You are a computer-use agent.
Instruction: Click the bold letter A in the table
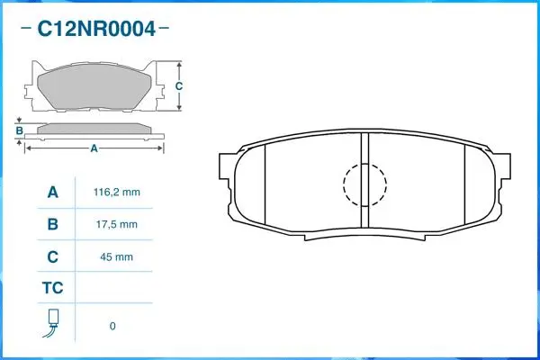pyautogui.click(x=53, y=193)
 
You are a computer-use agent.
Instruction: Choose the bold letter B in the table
pyautogui.click(x=53, y=224)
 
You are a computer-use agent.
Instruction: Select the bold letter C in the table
pyautogui.click(x=53, y=256)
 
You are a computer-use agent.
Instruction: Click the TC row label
pyautogui.click(x=53, y=289)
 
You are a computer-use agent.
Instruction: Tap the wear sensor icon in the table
pyautogui.click(x=53, y=324)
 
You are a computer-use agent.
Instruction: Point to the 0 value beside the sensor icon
pyautogui.click(x=112, y=326)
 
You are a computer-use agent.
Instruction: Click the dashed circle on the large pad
pyautogui.click(x=364, y=184)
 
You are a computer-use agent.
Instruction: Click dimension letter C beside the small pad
pyautogui.click(x=178, y=86)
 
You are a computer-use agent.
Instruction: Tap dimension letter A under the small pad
pyautogui.click(x=94, y=149)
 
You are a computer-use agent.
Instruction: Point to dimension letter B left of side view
pyautogui.click(x=19, y=131)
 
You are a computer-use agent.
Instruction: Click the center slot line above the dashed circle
pyautogui.click(x=364, y=147)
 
